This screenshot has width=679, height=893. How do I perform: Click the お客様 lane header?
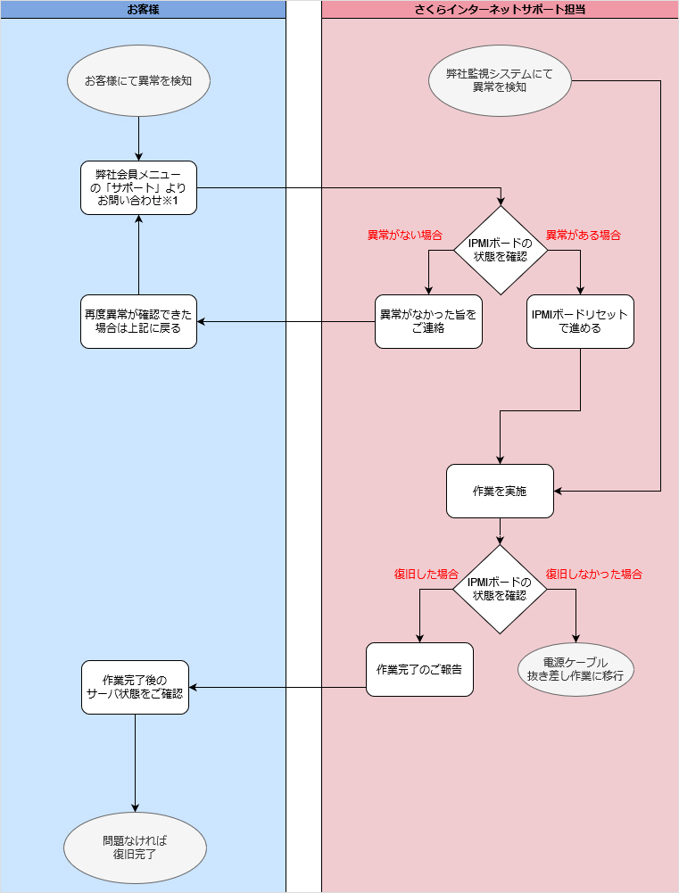pyautogui.click(x=143, y=10)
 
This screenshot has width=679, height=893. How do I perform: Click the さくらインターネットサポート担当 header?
pyautogui.click(x=500, y=10)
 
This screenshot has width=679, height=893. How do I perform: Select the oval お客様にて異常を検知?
pyautogui.click(x=138, y=80)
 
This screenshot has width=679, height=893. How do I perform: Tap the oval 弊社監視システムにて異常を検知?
pyautogui.click(x=500, y=80)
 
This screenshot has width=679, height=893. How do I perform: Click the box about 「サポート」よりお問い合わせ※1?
pyautogui.click(x=138, y=187)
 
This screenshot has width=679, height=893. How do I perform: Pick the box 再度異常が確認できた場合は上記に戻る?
pyautogui.click(x=138, y=321)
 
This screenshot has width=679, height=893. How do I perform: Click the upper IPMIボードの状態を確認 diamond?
pyautogui.click(x=500, y=250)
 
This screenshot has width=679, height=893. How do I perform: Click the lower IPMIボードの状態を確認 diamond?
pyautogui.click(x=500, y=589)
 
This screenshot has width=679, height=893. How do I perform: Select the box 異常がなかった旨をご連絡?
pyautogui.click(x=428, y=321)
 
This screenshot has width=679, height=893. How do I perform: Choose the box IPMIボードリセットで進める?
pyautogui.click(x=580, y=321)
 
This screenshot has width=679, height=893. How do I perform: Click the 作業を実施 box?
pyautogui.click(x=500, y=491)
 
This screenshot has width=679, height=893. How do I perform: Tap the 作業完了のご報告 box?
pyautogui.click(x=419, y=669)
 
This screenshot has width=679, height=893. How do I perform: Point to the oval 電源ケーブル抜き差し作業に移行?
pyautogui.click(x=575, y=669)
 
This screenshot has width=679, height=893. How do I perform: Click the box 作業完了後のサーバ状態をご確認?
pyautogui.click(x=135, y=687)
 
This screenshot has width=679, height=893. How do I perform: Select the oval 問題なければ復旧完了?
pyautogui.click(x=135, y=848)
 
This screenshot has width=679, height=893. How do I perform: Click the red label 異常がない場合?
pyautogui.click(x=405, y=236)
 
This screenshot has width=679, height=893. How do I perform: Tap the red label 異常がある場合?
pyautogui.click(x=583, y=236)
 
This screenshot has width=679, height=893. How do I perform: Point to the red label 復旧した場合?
pyautogui.click(x=426, y=574)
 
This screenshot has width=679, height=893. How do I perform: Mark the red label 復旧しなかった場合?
pyautogui.click(x=593, y=574)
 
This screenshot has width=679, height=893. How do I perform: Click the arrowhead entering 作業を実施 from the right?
pyautogui.click(x=559, y=491)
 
